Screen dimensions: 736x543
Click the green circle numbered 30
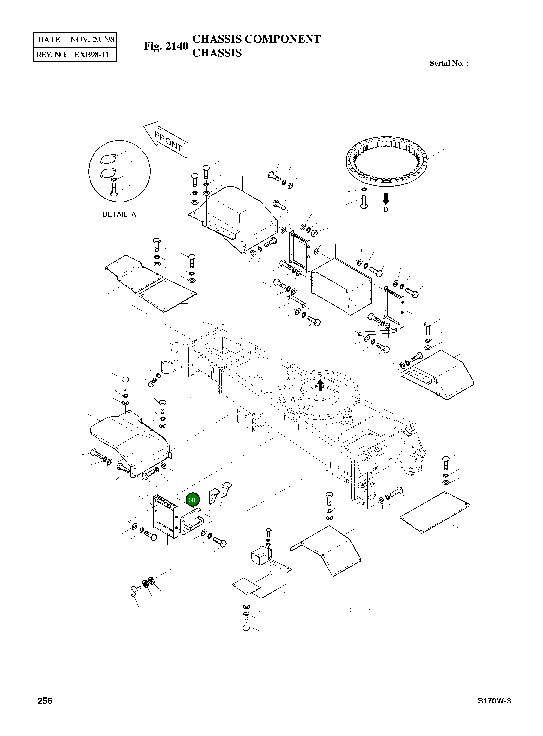pyautogui.click(x=192, y=500)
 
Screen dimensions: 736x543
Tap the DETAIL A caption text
pyautogui.click(x=119, y=214)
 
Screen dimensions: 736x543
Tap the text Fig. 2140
pyautogui.click(x=166, y=46)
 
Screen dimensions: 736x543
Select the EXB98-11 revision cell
pyautogui.click(x=91, y=55)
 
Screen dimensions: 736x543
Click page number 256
pyautogui.click(x=45, y=701)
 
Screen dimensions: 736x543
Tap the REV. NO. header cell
pyautogui.click(x=51, y=55)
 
